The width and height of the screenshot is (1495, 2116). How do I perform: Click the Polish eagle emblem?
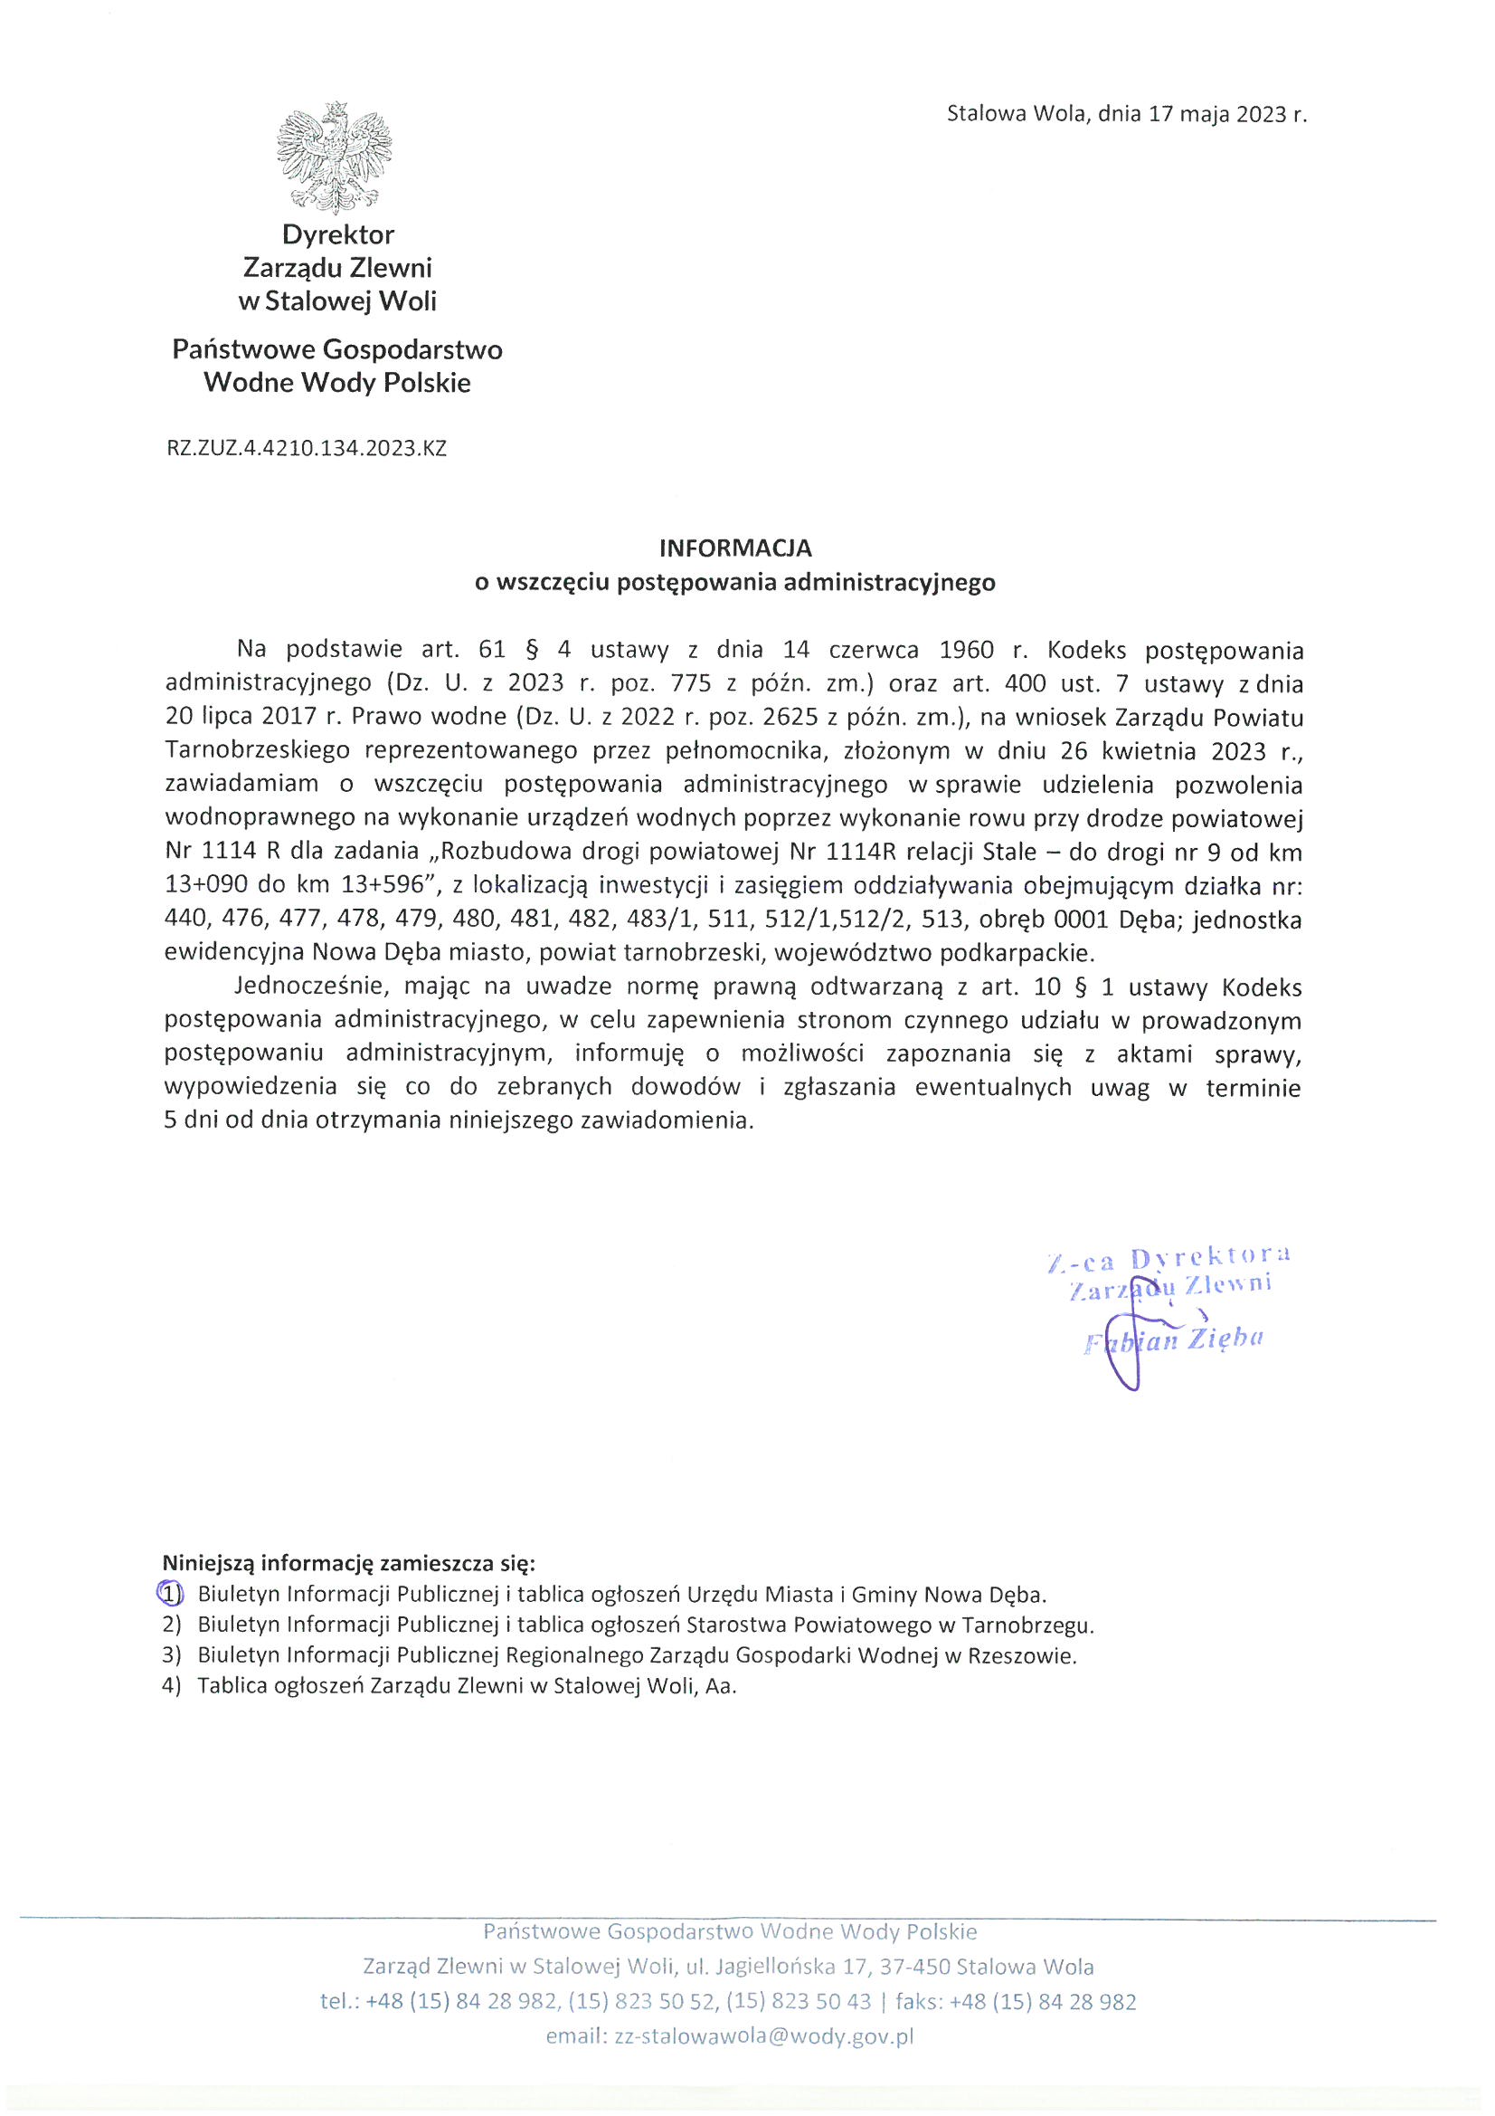click(335, 157)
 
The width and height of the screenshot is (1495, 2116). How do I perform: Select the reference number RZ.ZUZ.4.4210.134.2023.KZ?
click(306, 449)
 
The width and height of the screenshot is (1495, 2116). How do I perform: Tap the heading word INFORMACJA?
click(735, 548)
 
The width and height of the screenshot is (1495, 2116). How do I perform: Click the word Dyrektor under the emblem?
click(338, 235)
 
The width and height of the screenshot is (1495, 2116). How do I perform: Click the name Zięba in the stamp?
click(1225, 1340)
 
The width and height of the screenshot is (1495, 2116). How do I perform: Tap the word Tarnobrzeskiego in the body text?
click(257, 750)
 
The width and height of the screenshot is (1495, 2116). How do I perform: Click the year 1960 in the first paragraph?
click(966, 651)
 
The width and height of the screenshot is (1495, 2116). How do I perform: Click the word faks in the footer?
click(914, 2002)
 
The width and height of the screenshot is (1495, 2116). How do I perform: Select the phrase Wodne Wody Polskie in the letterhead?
click(337, 383)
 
